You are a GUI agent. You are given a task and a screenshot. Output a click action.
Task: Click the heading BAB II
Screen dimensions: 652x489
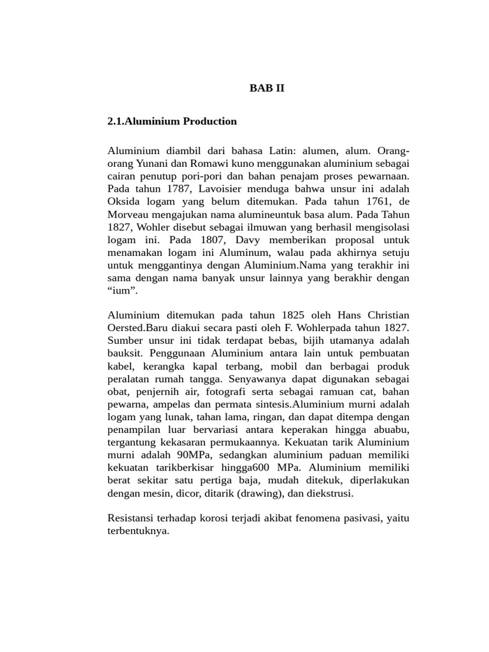tap(267, 89)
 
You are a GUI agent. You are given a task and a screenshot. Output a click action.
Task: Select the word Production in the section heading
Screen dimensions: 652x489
tap(209, 121)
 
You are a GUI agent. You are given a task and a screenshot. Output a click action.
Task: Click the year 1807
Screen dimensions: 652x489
tap(203, 240)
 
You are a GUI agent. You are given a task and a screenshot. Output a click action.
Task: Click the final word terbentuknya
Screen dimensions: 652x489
tap(139, 531)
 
